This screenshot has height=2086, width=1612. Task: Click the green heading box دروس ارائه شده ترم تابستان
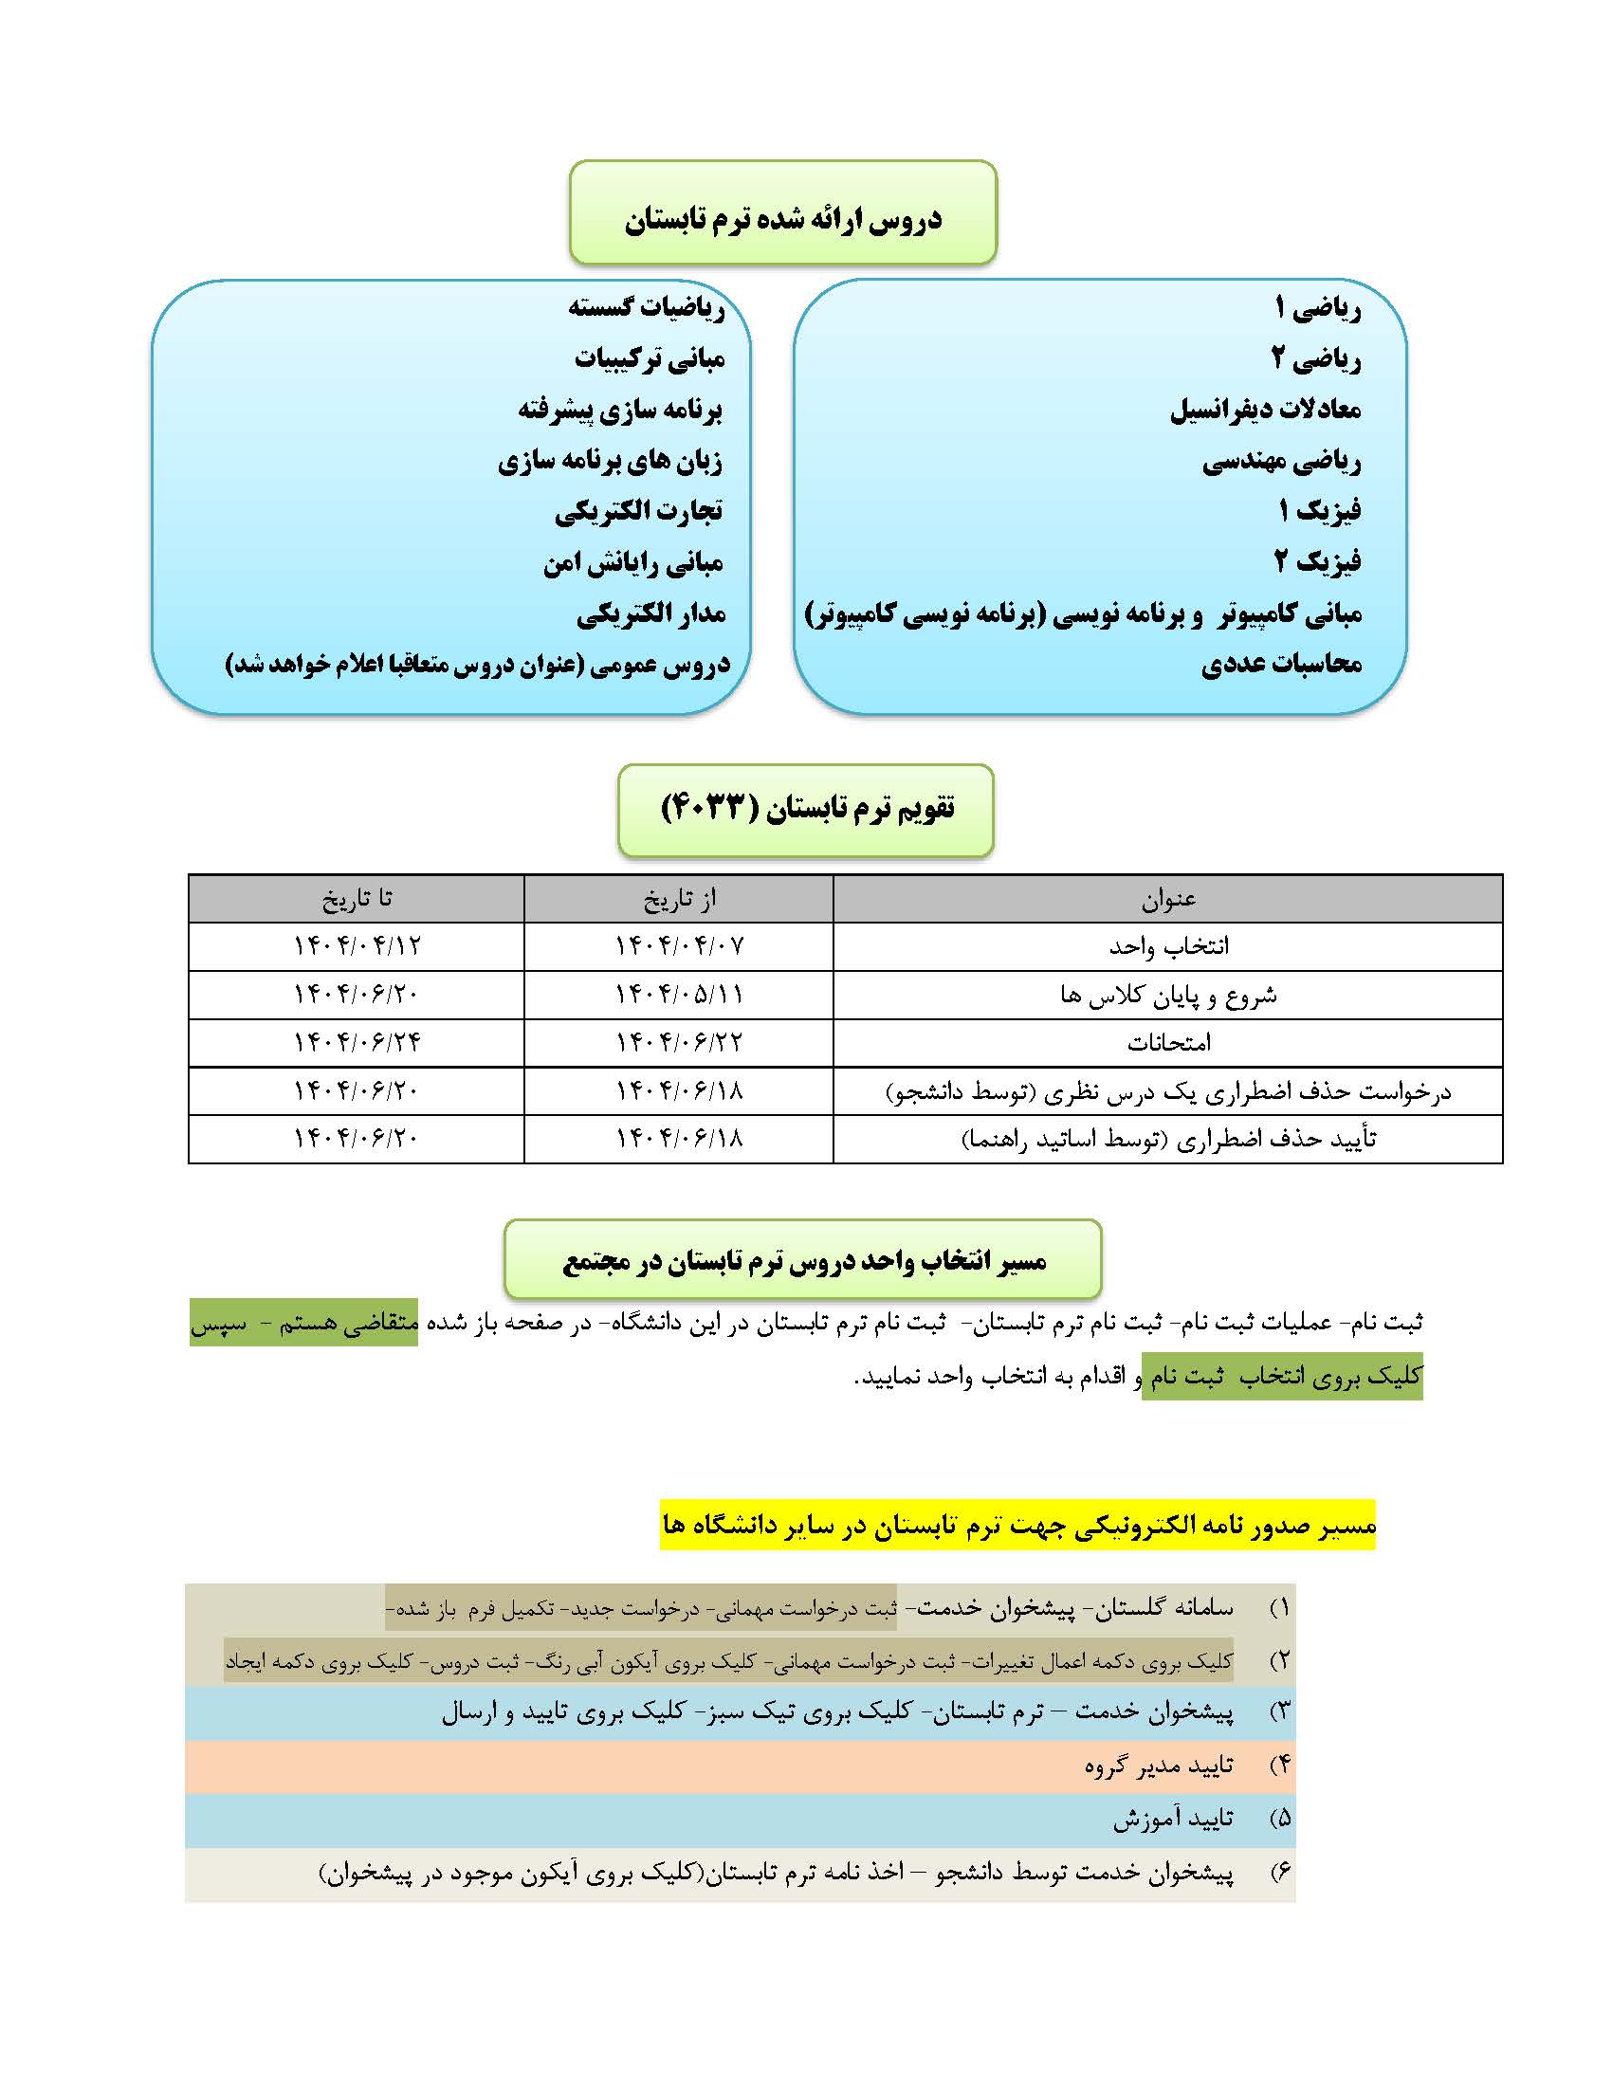coord(783,219)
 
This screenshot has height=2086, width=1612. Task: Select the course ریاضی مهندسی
coord(1281,463)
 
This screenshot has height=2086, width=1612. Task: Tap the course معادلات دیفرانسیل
coord(1265,411)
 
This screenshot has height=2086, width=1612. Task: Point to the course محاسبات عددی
coord(1281,664)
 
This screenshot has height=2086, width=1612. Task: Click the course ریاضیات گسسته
coord(647,307)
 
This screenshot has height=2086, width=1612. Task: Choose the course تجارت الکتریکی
coord(639,512)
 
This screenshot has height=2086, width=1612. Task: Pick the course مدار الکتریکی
coord(650,614)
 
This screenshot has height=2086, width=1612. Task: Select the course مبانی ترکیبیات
coord(650,359)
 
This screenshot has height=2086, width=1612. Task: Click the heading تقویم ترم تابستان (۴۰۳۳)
coord(807,809)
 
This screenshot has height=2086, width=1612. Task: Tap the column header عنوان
coord(1168,899)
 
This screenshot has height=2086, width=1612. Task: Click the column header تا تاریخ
coord(357,899)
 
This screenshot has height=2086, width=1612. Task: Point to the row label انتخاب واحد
coord(1168,946)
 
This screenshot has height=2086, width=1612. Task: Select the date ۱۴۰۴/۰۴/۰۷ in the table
coord(679,946)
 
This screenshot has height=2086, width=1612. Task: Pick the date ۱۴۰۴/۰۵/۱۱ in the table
coord(679,995)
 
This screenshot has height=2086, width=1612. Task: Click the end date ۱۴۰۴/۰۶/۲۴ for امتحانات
coord(357,1042)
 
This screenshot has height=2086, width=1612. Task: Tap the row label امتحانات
coord(1168,1042)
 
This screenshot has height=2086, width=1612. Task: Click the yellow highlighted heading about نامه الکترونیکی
coord(1018,1526)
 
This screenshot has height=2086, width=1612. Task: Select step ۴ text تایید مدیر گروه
coord(1159,1766)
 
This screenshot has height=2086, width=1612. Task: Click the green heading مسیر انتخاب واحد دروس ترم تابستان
coord(803,1262)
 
